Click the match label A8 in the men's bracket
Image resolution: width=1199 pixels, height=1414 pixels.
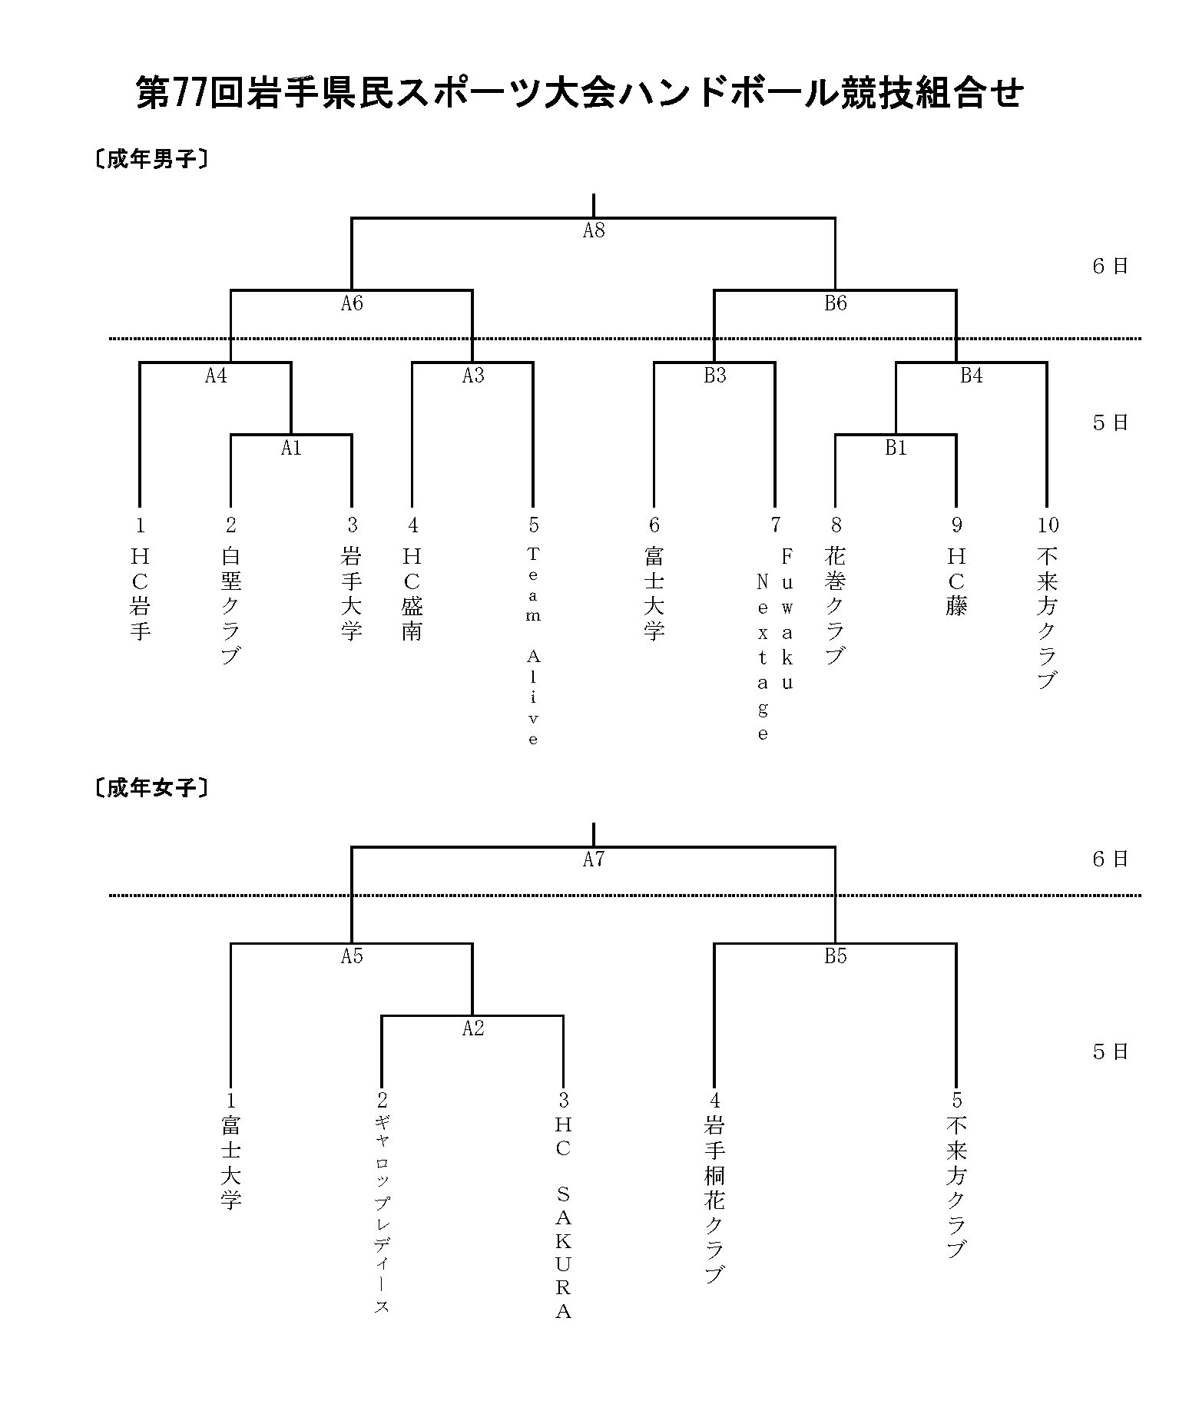click(594, 230)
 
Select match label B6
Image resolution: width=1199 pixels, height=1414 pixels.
click(836, 303)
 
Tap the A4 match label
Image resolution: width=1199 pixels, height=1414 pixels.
click(216, 376)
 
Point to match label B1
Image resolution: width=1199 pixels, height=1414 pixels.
click(896, 448)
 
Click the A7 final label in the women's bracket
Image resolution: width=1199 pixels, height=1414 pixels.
click(594, 859)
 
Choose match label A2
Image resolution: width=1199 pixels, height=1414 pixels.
click(473, 1028)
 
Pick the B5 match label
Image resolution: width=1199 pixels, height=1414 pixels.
click(836, 956)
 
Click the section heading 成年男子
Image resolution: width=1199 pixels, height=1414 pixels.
click(151, 160)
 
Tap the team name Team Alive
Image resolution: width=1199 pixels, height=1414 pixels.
click(533, 646)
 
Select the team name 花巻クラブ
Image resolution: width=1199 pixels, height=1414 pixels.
click(836, 605)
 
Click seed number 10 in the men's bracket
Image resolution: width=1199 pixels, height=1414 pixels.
click(1048, 525)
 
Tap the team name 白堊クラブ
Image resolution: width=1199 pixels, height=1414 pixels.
click(230, 605)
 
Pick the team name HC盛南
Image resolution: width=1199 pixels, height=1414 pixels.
click(412, 594)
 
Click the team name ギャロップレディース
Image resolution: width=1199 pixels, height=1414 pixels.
click(381, 1215)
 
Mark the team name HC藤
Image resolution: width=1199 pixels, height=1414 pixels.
click(956, 581)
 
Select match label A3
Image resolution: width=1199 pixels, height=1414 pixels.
click(473, 376)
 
